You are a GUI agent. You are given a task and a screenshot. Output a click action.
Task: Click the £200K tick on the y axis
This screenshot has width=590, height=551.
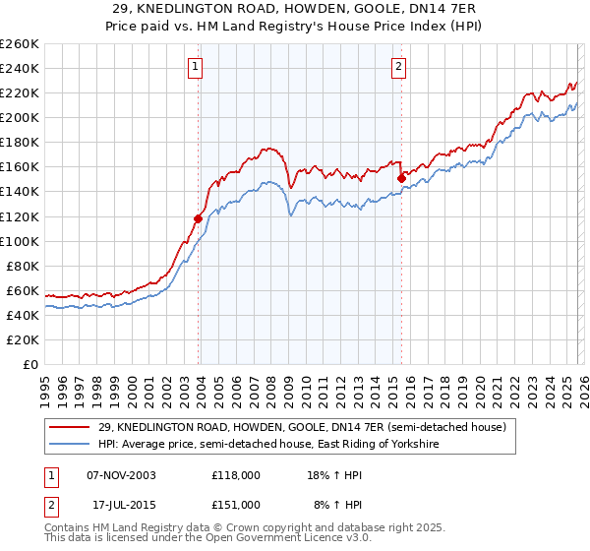(20, 117)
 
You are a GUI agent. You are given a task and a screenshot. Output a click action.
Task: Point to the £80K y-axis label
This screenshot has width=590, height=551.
(23, 266)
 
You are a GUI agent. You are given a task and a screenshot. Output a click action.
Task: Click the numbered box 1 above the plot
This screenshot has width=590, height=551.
(196, 67)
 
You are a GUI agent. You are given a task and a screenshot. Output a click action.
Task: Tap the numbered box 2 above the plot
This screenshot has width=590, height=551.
(398, 67)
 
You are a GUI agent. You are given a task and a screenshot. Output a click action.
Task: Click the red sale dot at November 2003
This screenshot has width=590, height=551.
(199, 218)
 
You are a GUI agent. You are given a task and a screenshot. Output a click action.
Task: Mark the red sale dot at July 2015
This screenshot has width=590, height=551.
(401, 178)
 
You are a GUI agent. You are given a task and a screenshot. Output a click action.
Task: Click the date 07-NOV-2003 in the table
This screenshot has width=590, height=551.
(122, 475)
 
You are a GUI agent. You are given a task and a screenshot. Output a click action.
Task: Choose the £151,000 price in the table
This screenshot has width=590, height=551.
(236, 504)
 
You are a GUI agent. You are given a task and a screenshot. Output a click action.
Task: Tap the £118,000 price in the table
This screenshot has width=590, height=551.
(236, 475)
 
